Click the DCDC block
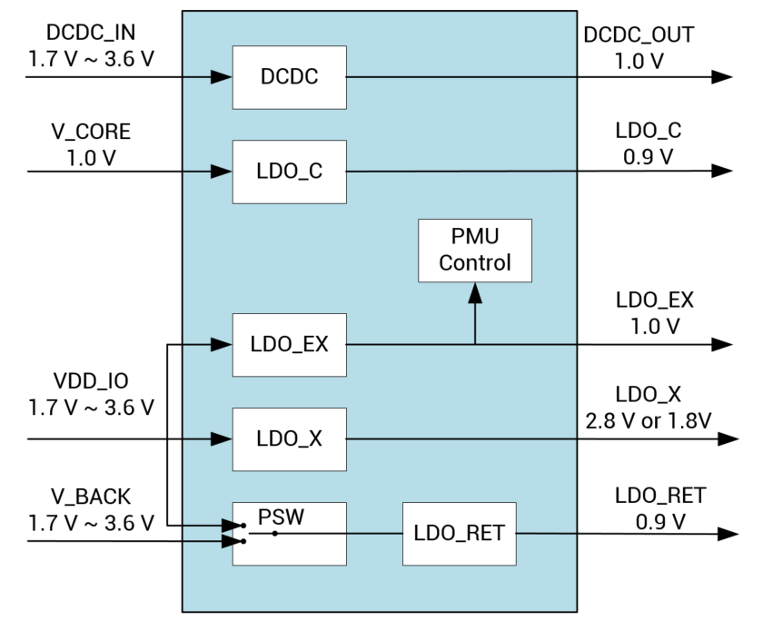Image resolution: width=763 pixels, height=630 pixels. point(290,76)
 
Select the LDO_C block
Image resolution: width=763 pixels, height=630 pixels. point(290,172)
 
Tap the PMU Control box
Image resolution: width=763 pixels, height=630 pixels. point(475,250)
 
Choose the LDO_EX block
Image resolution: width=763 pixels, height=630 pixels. point(290,345)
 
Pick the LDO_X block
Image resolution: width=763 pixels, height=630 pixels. point(290,439)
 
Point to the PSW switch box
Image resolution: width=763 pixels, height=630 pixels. point(290,533)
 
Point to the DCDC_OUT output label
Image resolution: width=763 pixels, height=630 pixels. point(639,35)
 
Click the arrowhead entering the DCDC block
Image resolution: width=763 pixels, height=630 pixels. point(222,77)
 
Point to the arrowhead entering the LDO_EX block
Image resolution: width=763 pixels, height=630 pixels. point(222,345)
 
